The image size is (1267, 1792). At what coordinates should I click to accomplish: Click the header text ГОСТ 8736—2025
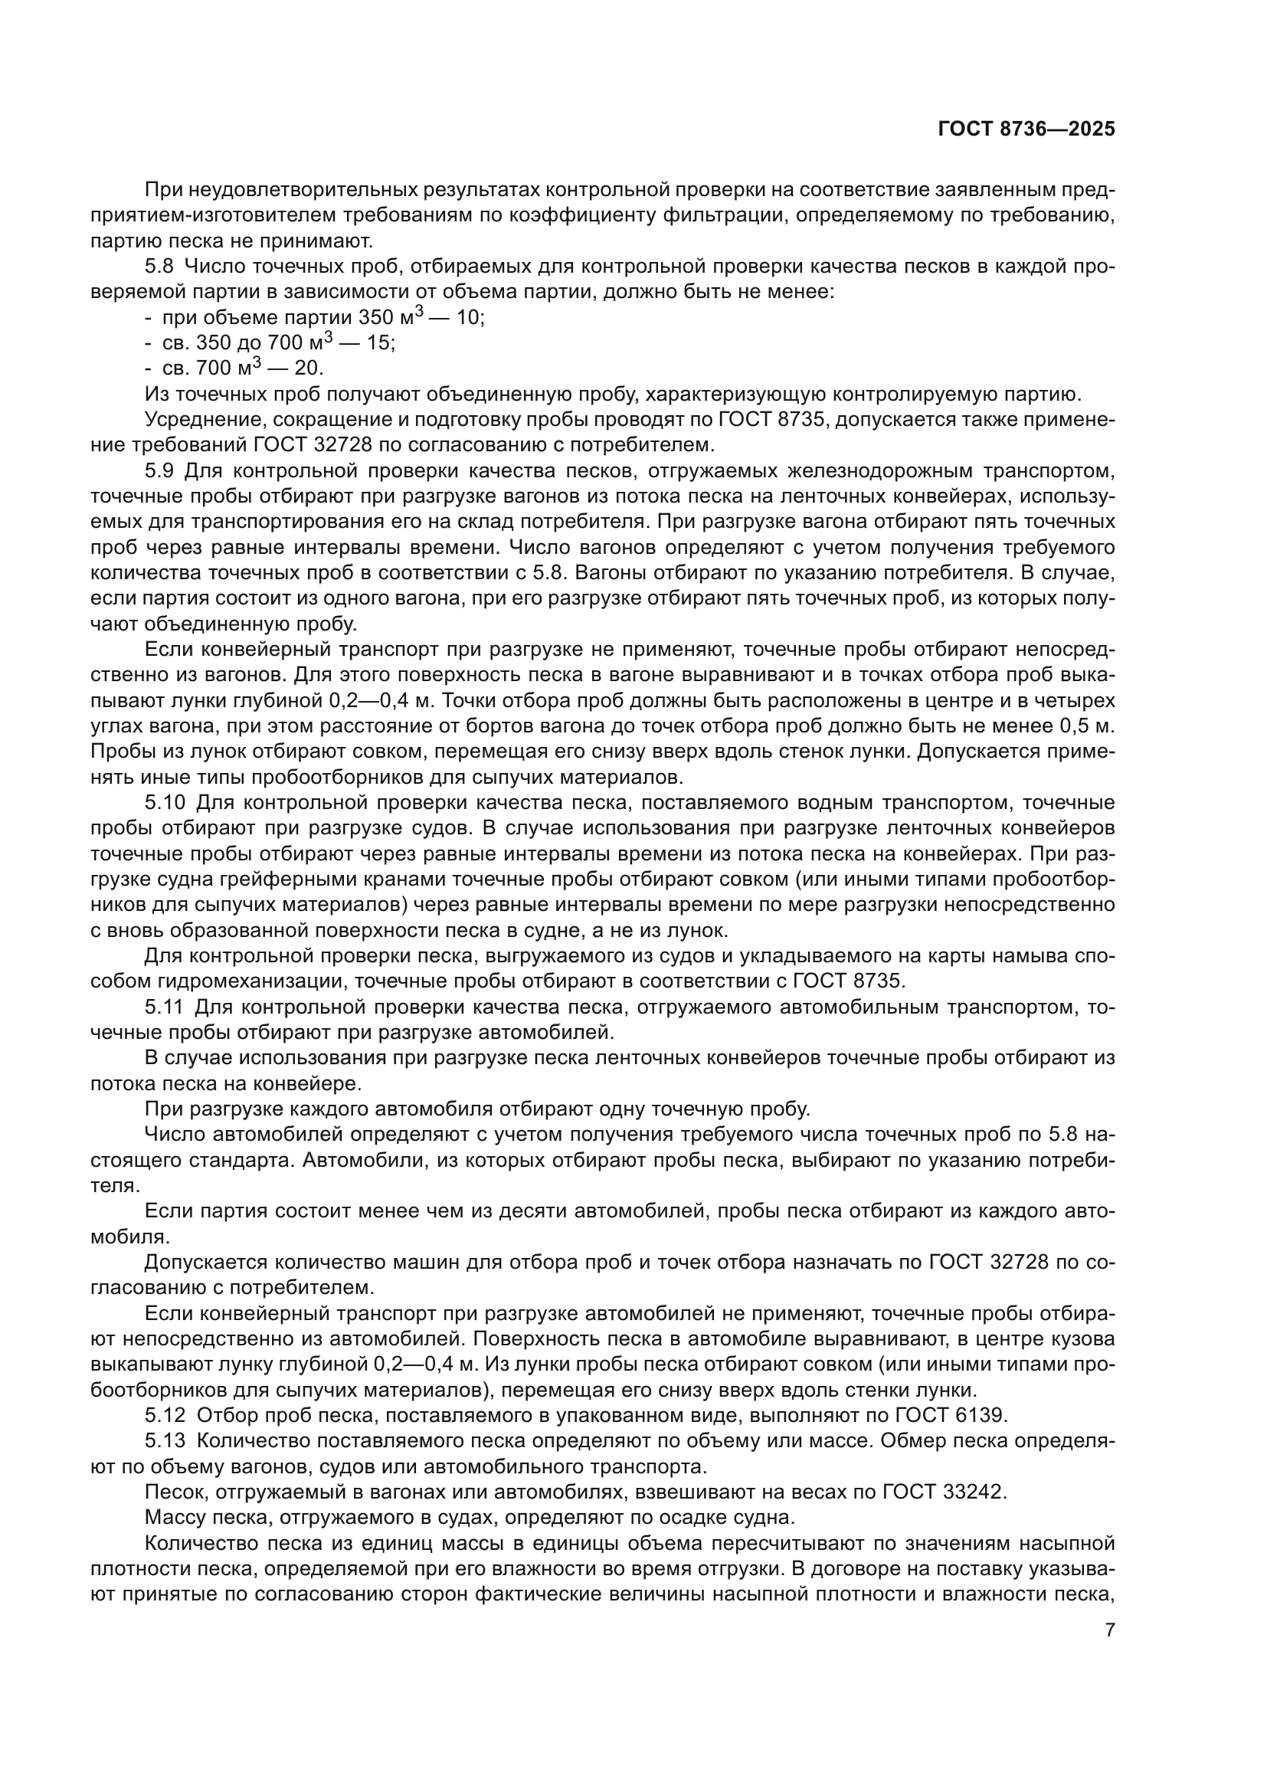pyautogui.click(x=1026, y=129)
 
